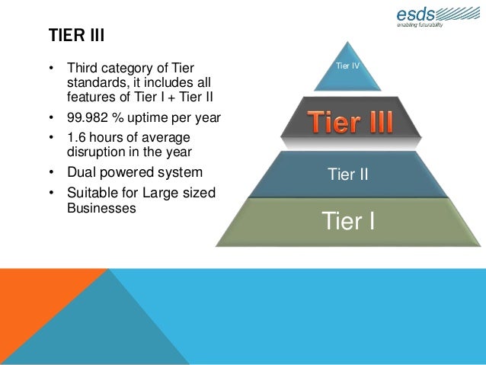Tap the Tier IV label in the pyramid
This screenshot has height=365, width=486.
(x=347, y=67)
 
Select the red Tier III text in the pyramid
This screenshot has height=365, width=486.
(x=350, y=123)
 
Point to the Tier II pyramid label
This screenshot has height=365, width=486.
(x=348, y=175)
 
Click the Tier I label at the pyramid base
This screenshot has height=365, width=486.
(x=349, y=222)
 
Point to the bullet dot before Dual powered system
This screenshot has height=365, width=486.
(x=51, y=172)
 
